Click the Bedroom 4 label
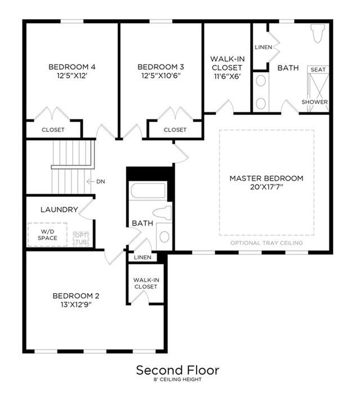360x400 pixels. pos(72,67)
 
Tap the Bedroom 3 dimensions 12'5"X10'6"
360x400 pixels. pos(161,75)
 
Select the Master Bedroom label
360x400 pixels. pos(266,179)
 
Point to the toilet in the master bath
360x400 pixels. pos(318,33)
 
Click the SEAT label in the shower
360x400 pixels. pos(318,70)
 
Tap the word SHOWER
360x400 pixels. pos(314,102)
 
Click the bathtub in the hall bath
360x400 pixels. pos(148,190)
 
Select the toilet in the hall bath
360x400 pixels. pos(162,213)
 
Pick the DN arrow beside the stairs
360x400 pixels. pos(90,181)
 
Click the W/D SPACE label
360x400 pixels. pos(47,235)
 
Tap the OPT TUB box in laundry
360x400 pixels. pos(81,239)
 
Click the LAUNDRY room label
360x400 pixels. pos(59,210)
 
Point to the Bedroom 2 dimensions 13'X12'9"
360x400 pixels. pos(76,305)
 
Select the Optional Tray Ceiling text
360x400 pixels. pos(266,243)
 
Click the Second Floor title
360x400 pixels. pos(177,370)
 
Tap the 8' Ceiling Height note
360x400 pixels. pos(177,380)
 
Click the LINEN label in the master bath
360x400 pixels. pos(263,47)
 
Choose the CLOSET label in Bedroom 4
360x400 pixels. pos(53,130)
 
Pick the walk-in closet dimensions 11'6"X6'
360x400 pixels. pos(227,76)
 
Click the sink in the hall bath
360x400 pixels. pos(164,237)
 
